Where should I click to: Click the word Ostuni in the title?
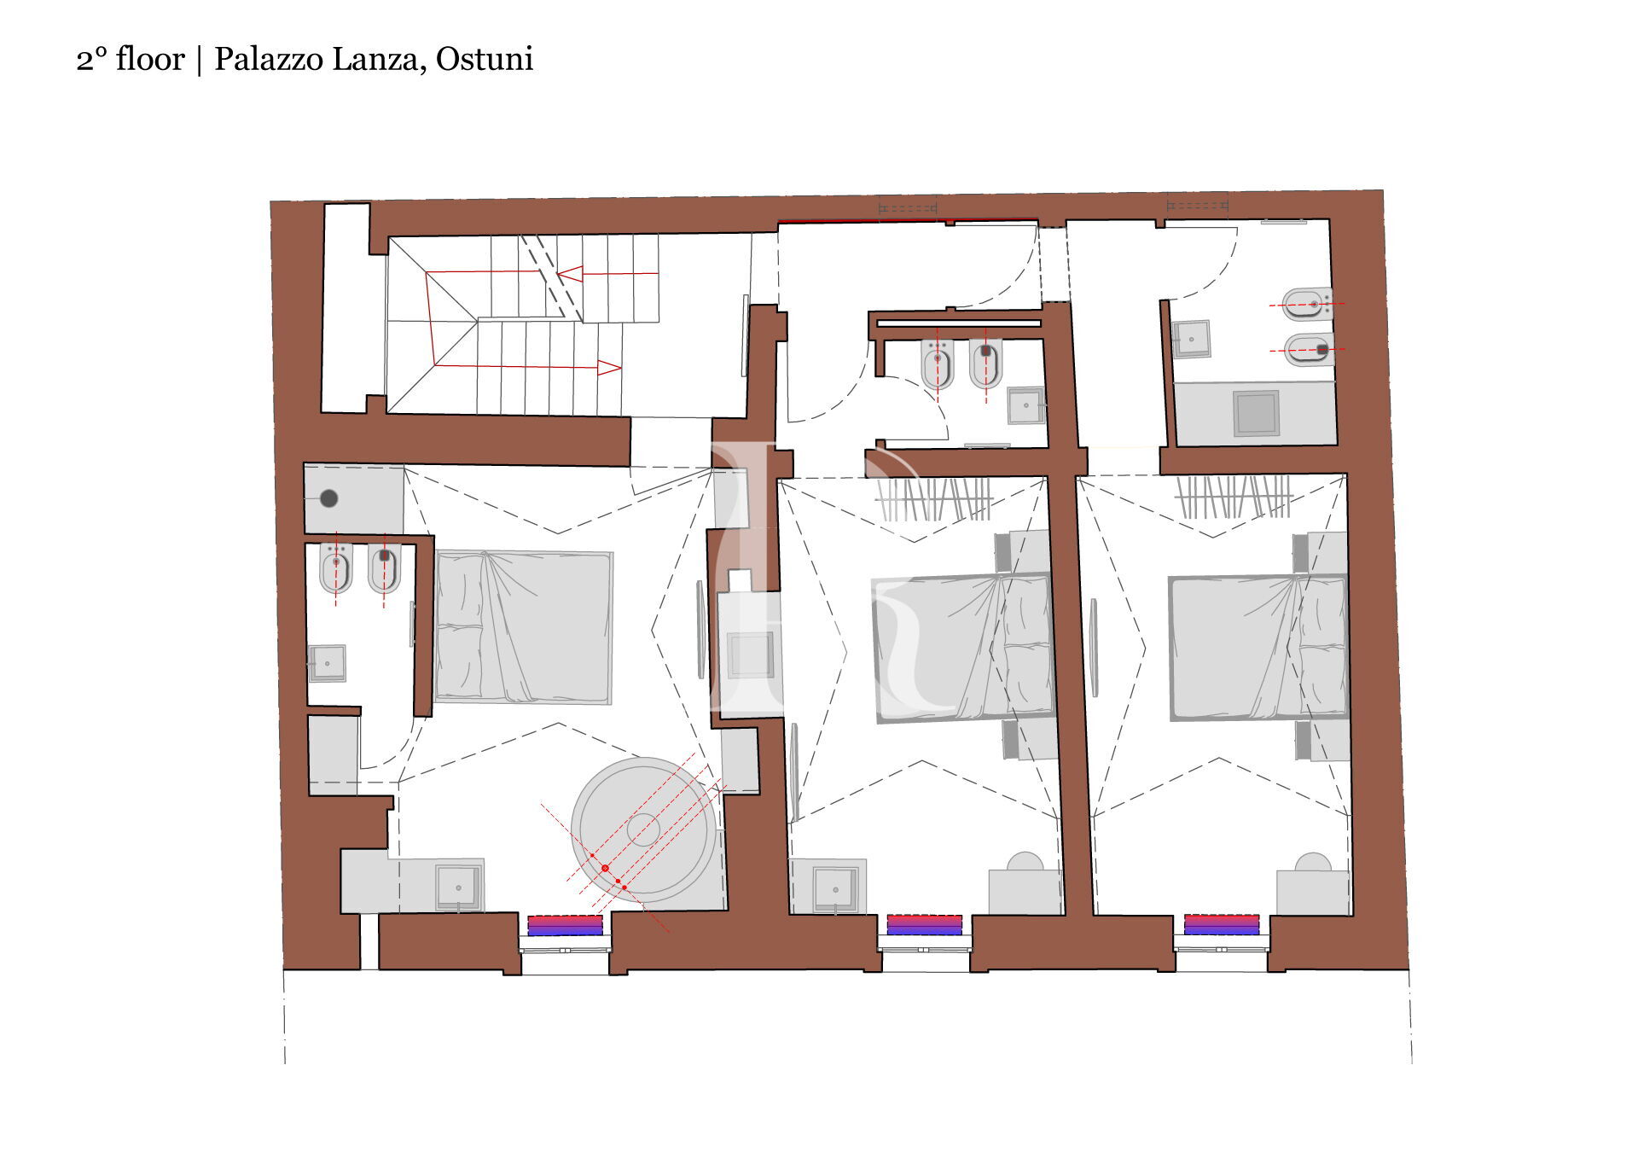point(485,59)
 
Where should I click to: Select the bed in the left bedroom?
point(524,626)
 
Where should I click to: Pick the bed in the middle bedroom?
point(962,647)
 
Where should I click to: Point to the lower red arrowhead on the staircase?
point(609,368)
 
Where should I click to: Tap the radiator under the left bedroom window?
point(565,925)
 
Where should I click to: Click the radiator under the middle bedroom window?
point(925,925)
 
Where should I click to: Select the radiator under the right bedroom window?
point(1222,925)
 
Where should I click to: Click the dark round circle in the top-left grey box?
point(328,498)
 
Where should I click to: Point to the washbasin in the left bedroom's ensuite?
point(327,663)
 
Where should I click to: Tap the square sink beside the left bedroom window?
point(459,887)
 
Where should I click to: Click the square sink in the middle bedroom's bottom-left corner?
point(835,888)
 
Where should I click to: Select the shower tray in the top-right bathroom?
point(1256,413)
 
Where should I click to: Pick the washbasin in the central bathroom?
point(1025,405)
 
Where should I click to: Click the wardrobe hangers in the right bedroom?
point(1234,497)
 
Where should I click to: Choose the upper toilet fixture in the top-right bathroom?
point(1307,303)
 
